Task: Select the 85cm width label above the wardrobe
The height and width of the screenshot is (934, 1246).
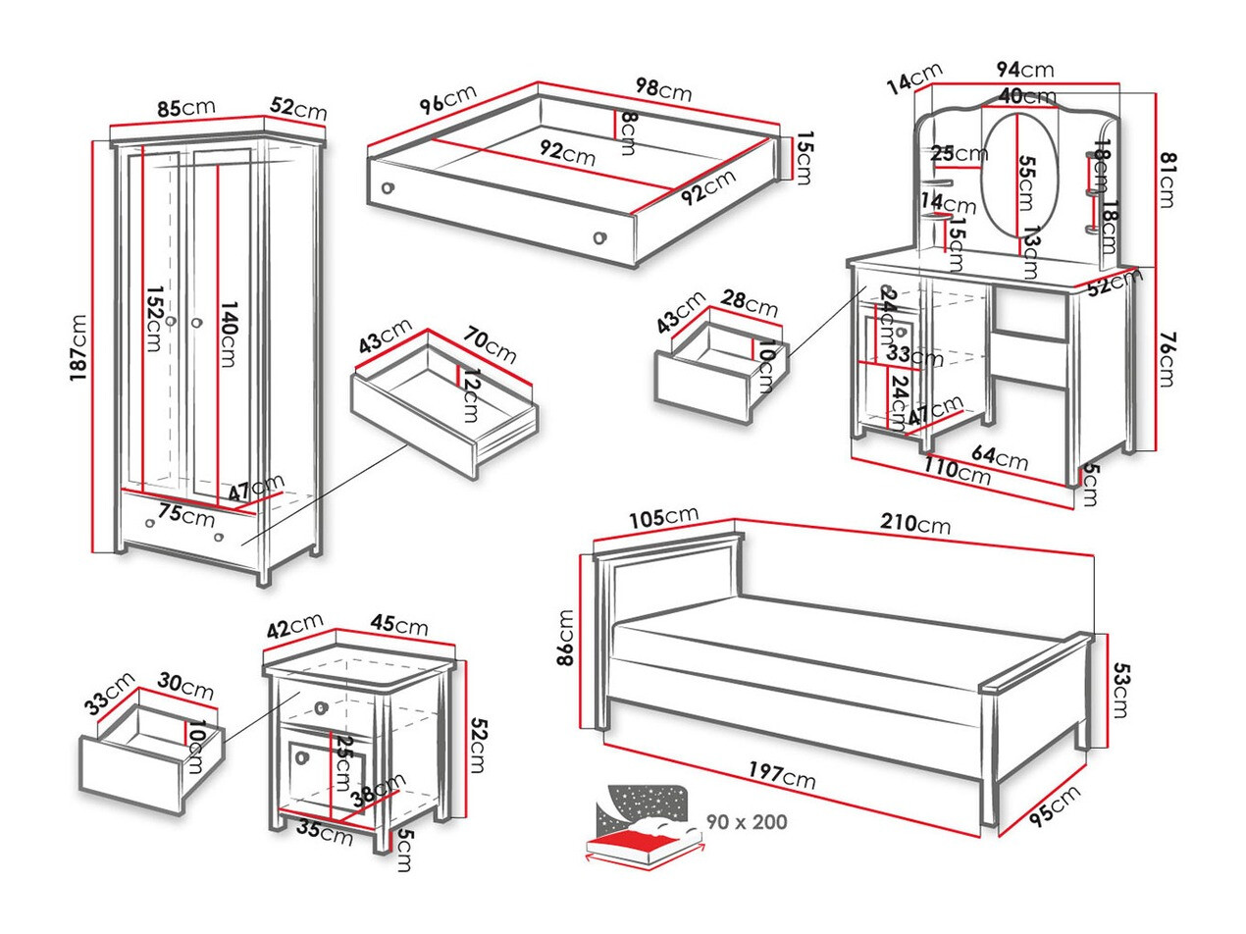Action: pyautogui.click(x=186, y=107)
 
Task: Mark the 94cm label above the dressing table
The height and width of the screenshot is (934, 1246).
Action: pyautogui.click(x=1024, y=70)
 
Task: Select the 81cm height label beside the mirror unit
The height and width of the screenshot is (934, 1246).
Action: pyautogui.click(x=1167, y=179)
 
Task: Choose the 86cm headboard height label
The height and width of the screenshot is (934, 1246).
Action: pyautogui.click(x=568, y=639)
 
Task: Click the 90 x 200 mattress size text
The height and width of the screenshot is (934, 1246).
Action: pyautogui.click(x=747, y=822)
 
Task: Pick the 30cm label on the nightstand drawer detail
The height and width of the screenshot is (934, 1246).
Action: pyautogui.click(x=186, y=690)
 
